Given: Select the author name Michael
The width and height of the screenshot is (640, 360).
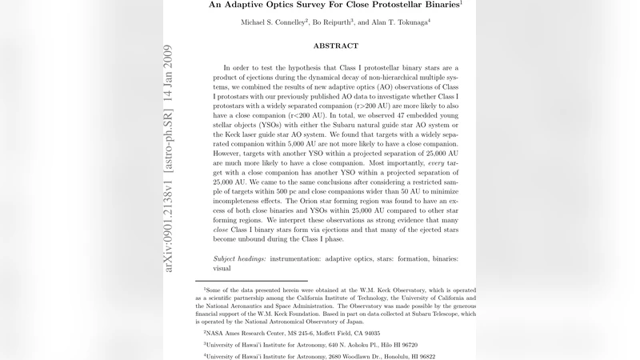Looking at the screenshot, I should click(258, 22).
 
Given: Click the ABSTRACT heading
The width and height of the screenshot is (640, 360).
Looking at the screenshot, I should click(336, 46).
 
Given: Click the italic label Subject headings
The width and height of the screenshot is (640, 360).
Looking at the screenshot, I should click(241, 258).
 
